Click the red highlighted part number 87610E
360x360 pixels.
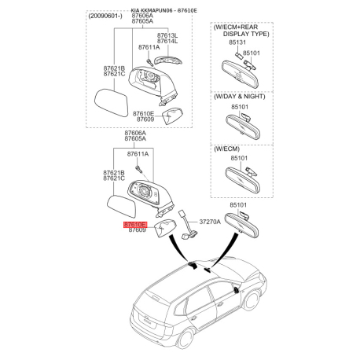(134, 224)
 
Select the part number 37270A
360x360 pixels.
(211, 222)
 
